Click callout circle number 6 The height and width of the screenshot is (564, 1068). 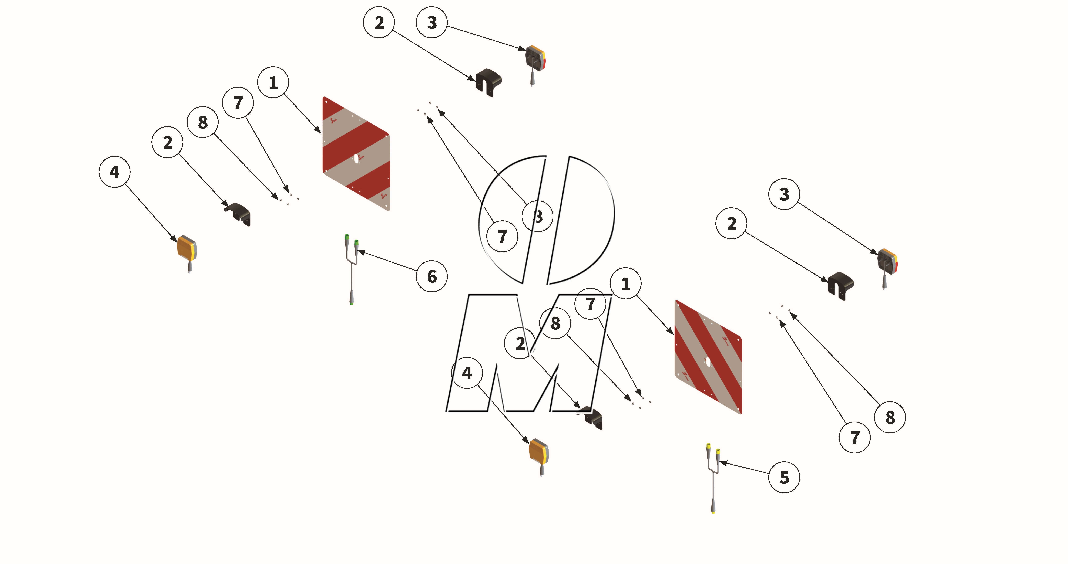[432, 276]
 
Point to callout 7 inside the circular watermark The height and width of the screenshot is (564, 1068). [502, 237]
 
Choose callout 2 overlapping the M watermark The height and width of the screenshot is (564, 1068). [520, 344]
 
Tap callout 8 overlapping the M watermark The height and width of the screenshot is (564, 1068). [555, 323]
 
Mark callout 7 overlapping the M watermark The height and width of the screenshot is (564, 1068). [590, 304]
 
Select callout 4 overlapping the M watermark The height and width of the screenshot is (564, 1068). [467, 373]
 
